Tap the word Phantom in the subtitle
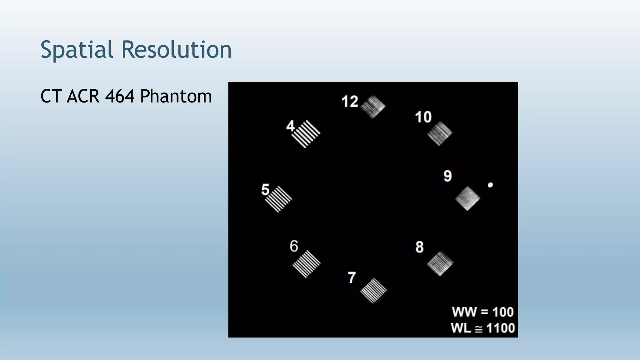[176, 96]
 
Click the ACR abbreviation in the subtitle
[83, 96]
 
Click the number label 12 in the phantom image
[350, 102]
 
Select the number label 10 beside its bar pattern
[423, 117]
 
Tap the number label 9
[447, 176]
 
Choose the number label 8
[419, 247]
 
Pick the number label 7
[352, 277]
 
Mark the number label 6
[294, 246]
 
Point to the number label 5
[265, 190]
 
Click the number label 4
[290, 126]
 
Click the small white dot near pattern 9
[490, 185]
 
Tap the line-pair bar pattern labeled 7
[373, 291]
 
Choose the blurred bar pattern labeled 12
[373, 107]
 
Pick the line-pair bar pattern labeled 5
[278, 199]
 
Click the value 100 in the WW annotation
[503, 312]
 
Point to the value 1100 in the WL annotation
[500, 328]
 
